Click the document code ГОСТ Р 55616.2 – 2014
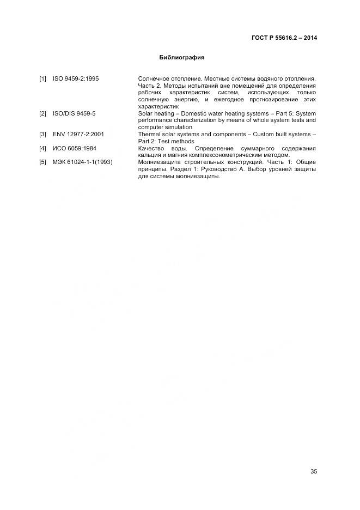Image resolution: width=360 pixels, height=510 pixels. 284,38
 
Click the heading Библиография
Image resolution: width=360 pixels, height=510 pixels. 181,57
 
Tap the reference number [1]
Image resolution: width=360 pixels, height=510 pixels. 42,78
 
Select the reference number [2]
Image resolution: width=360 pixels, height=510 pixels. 42,113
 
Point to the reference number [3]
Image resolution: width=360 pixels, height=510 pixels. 42,134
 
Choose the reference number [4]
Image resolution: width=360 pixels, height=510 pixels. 42,148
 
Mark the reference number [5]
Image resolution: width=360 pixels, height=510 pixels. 42,162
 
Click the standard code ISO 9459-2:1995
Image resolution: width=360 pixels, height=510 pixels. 76,78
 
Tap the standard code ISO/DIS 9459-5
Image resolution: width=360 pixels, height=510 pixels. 74,113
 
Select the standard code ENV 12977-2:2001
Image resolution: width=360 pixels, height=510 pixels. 78,134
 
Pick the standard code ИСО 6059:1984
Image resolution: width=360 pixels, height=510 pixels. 75,148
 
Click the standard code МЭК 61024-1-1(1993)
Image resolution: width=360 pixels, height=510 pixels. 82,162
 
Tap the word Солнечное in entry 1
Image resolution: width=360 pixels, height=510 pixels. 154,78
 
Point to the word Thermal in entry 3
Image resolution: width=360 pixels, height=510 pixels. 149,134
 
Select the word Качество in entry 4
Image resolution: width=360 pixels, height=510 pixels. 152,148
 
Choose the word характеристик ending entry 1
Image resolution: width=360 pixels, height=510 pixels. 158,106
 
